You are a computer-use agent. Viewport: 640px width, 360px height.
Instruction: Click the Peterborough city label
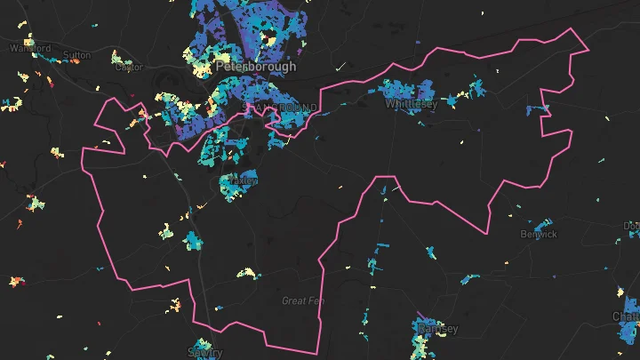[x=244, y=66]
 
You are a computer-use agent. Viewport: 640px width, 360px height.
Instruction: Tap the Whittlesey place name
[x=412, y=104]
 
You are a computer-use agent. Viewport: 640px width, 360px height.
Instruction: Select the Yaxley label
[x=244, y=180]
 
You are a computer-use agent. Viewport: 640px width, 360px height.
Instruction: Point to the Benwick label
[x=539, y=235]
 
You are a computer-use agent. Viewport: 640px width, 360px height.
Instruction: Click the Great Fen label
[x=300, y=300]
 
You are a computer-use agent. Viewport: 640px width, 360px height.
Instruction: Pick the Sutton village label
[x=77, y=55]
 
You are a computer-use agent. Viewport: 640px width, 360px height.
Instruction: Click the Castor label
[x=129, y=67]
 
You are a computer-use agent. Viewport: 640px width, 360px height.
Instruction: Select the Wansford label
[x=25, y=48]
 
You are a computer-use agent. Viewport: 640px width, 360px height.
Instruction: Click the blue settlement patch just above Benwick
[x=540, y=222]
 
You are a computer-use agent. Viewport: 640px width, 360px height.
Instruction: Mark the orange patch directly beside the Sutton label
[x=62, y=58]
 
